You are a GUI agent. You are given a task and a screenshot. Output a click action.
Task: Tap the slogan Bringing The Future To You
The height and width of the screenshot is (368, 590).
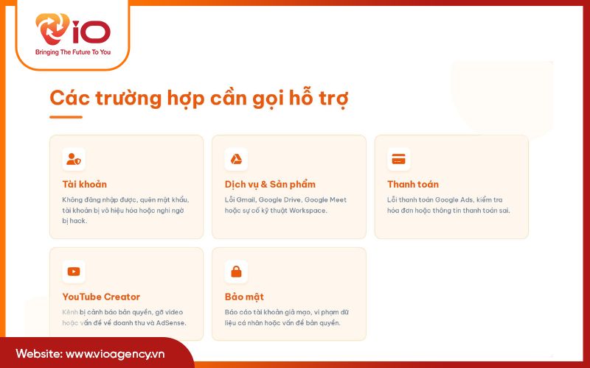(x=72, y=52)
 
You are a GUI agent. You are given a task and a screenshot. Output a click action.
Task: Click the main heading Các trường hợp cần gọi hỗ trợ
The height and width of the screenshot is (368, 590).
(x=198, y=98)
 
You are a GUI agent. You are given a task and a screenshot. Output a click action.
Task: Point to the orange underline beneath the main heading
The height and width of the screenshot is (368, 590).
(x=66, y=116)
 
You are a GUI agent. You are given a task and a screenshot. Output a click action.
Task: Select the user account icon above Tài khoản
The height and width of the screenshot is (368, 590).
(x=74, y=159)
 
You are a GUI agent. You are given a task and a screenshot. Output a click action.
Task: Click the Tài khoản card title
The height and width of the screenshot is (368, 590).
(x=85, y=184)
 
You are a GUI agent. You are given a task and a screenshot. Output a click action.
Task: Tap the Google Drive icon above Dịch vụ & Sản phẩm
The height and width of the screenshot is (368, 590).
(x=236, y=159)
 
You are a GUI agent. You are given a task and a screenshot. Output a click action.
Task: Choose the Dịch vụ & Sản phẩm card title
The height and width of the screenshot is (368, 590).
(x=270, y=184)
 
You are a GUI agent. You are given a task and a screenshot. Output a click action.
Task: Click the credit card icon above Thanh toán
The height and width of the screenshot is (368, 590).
(x=398, y=159)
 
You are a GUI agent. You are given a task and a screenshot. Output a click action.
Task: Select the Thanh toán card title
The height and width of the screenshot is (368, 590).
(x=413, y=184)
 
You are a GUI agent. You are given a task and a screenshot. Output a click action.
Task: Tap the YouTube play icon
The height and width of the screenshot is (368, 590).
(x=74, y=272)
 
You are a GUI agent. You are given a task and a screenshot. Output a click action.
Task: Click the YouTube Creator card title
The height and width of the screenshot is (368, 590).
(x=101, y=297)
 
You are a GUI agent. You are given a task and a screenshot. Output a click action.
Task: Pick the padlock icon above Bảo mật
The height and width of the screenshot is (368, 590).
(x=236, y=272)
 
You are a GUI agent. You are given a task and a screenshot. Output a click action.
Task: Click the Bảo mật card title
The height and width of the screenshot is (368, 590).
(x=244, y=297)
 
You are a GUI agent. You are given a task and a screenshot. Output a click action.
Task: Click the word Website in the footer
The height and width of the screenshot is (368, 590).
(x=38, y=353)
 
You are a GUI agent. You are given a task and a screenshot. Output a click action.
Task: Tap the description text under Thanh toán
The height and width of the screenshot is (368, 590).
(x=448, y=205)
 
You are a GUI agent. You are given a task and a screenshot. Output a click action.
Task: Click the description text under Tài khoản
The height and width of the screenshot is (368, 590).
(x=125, y=210)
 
